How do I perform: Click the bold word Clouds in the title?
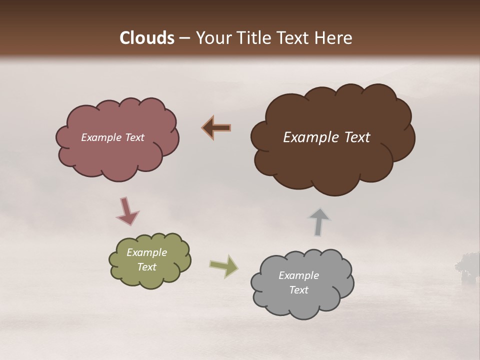tap(147, 38)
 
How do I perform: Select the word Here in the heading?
tap(334, 38)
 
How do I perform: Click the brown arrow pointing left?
tap(216, 128)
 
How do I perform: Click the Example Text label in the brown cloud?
tap(326, 137)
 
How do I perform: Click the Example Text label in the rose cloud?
tap(112, 137)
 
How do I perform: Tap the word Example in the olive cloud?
tap(147, 252)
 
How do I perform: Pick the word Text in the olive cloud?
tap(147, 267)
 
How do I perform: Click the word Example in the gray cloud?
tap(298, 275)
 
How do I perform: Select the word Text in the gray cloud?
tap(298, 290)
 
